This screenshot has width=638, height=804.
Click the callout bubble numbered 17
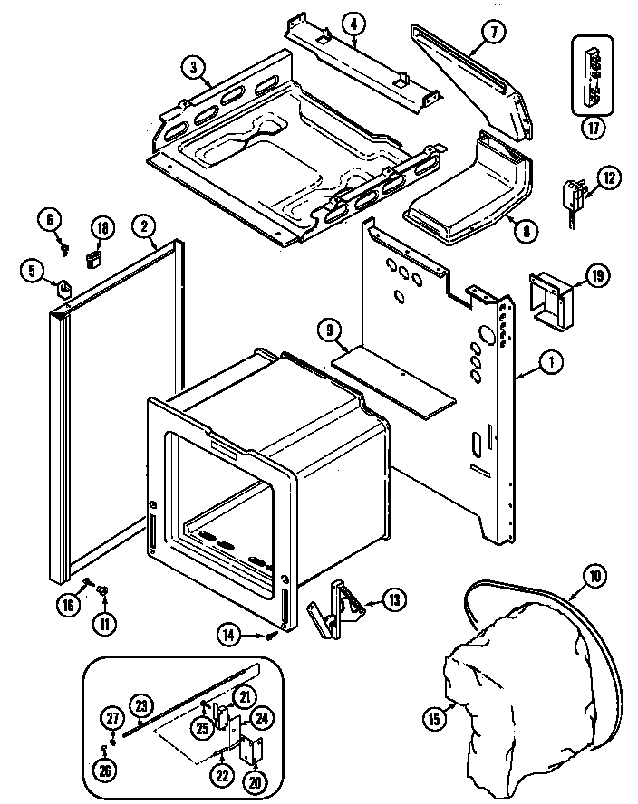[594, 128]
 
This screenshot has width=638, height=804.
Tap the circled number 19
[597, 277]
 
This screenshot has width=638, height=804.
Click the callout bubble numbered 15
[435, 721]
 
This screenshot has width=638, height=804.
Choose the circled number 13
[394, 598]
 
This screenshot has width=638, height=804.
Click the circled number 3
[192, 65]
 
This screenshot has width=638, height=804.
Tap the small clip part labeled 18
[92, 261]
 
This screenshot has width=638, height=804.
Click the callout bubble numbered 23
[141, 706]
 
